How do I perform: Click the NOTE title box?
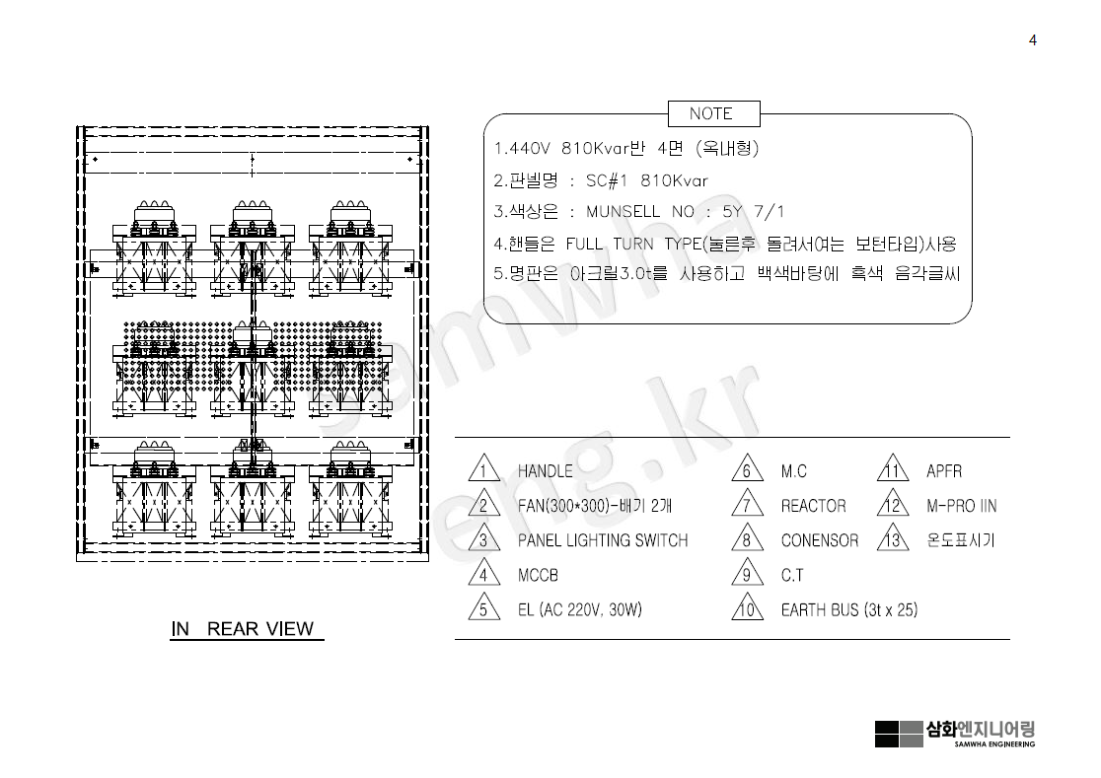coord(710,113)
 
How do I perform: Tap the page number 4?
coord(1032,40)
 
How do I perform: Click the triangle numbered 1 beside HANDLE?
coord(483,470)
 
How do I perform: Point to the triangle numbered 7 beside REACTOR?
coord(747,505)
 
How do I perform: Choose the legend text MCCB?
coord(538,575)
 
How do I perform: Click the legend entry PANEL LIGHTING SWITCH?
coord(602,540)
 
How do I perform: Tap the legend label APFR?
coord(944,471)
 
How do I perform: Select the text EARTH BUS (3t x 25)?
coord(848,609)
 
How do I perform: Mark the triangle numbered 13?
coord(893,539)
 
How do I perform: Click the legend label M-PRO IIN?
coord(961,506)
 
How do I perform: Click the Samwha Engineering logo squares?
coord(898,734)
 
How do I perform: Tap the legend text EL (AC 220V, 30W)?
coord(579,609)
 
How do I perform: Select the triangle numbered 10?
coord(747,608)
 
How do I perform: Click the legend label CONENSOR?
coord(819,540)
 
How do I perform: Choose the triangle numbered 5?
coord(483,608)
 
